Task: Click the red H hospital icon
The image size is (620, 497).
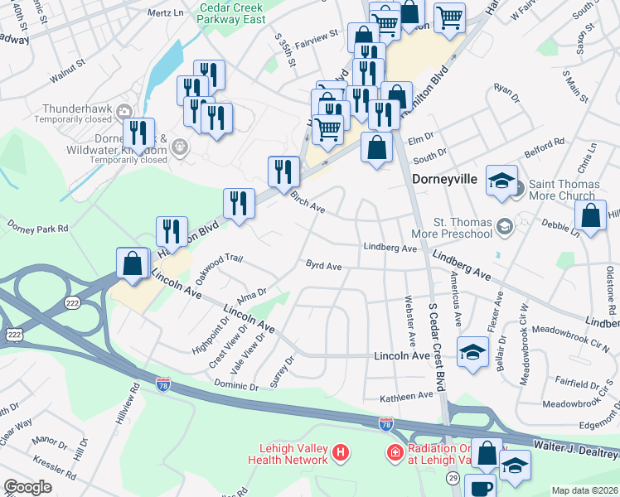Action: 338,452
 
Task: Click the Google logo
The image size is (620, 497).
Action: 27,487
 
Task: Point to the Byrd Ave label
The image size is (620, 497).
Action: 323,266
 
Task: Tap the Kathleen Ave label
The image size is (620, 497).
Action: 406,397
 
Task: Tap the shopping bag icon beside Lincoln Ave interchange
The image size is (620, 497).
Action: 133,263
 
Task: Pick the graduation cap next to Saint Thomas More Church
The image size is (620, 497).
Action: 501,181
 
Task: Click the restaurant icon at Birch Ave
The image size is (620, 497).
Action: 283,171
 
